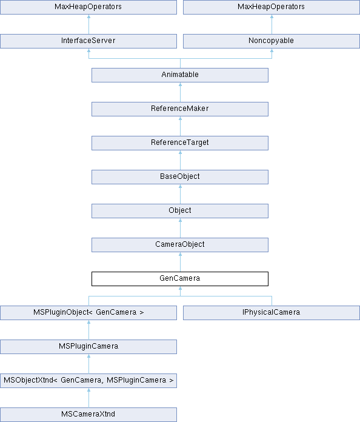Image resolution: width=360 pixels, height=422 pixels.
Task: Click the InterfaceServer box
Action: coord(88,41)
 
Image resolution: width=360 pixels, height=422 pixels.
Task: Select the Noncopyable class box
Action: coord(272,41)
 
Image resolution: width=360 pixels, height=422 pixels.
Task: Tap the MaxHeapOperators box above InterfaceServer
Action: coord(88,7)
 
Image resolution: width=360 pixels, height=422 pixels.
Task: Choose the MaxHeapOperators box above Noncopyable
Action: coord(272,7)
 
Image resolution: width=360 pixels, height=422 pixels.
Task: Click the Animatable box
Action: coord(180,75)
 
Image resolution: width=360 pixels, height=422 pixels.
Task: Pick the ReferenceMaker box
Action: coord(180,109)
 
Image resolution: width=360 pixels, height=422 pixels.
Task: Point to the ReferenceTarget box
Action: coord(180,143)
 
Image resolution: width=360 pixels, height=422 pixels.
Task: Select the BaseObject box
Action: coord(180,177)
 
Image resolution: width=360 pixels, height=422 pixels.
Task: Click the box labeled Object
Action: coord(180,211)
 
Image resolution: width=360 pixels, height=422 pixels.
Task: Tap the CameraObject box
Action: coord(180,244)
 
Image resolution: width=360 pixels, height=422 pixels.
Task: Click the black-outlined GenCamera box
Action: coord(180,278)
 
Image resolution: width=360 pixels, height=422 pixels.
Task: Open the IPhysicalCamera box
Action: coord(272,313)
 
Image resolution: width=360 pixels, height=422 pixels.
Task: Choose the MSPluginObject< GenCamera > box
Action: coord(88,313)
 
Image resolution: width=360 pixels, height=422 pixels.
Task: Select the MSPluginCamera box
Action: coord(88,347)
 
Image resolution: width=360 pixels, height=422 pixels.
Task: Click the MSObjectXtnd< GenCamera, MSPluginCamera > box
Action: coord(88,381)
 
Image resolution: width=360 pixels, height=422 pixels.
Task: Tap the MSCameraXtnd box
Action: coord(88,415)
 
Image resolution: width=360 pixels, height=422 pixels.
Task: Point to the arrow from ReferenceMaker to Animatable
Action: coord(180,92)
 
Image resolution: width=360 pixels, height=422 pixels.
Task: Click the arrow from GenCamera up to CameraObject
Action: coord(180,262)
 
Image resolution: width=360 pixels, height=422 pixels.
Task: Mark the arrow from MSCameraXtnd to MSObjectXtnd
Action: coord(89,398)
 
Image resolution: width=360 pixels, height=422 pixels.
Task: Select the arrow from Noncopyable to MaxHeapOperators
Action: coord(272,24)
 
